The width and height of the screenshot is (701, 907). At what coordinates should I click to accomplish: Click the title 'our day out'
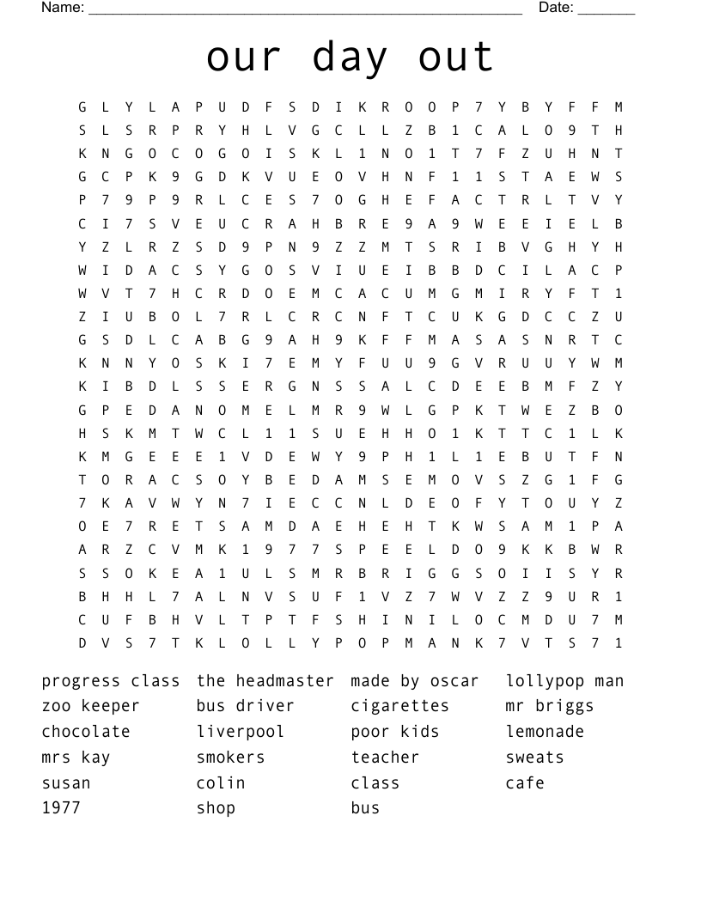(350, 58)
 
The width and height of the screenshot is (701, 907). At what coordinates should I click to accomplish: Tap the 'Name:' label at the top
(63, 8)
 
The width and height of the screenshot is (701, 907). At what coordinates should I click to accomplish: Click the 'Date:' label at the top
(556, 8)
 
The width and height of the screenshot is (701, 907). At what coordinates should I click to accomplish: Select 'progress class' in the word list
(111, 681)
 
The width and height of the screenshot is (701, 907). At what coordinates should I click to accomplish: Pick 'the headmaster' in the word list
(265, 681)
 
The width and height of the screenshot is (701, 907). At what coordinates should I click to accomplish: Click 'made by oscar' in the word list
(414, 681)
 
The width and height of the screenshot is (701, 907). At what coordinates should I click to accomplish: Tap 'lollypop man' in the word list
(564, 681)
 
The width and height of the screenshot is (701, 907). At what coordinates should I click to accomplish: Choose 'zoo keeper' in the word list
(90, 706)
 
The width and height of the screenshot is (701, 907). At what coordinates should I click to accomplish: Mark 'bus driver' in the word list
(245, 706)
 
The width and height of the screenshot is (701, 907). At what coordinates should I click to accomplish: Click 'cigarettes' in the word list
(399, 706)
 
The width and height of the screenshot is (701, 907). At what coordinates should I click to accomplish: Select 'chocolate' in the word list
(86, 732)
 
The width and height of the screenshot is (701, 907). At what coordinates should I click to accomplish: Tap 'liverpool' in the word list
(240, 732)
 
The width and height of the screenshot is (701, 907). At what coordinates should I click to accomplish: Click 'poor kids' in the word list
(394, 732)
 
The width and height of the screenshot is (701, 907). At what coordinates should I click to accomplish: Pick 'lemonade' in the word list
(545, 732)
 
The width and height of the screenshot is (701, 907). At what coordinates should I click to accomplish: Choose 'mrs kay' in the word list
(76, 758)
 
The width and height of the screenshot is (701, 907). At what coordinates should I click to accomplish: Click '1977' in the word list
(61, 808)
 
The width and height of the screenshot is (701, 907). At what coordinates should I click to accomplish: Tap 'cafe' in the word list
(525, 782)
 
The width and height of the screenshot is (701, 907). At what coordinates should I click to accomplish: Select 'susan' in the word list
(66, 782)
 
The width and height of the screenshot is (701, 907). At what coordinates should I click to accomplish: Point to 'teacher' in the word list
(385, 758)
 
